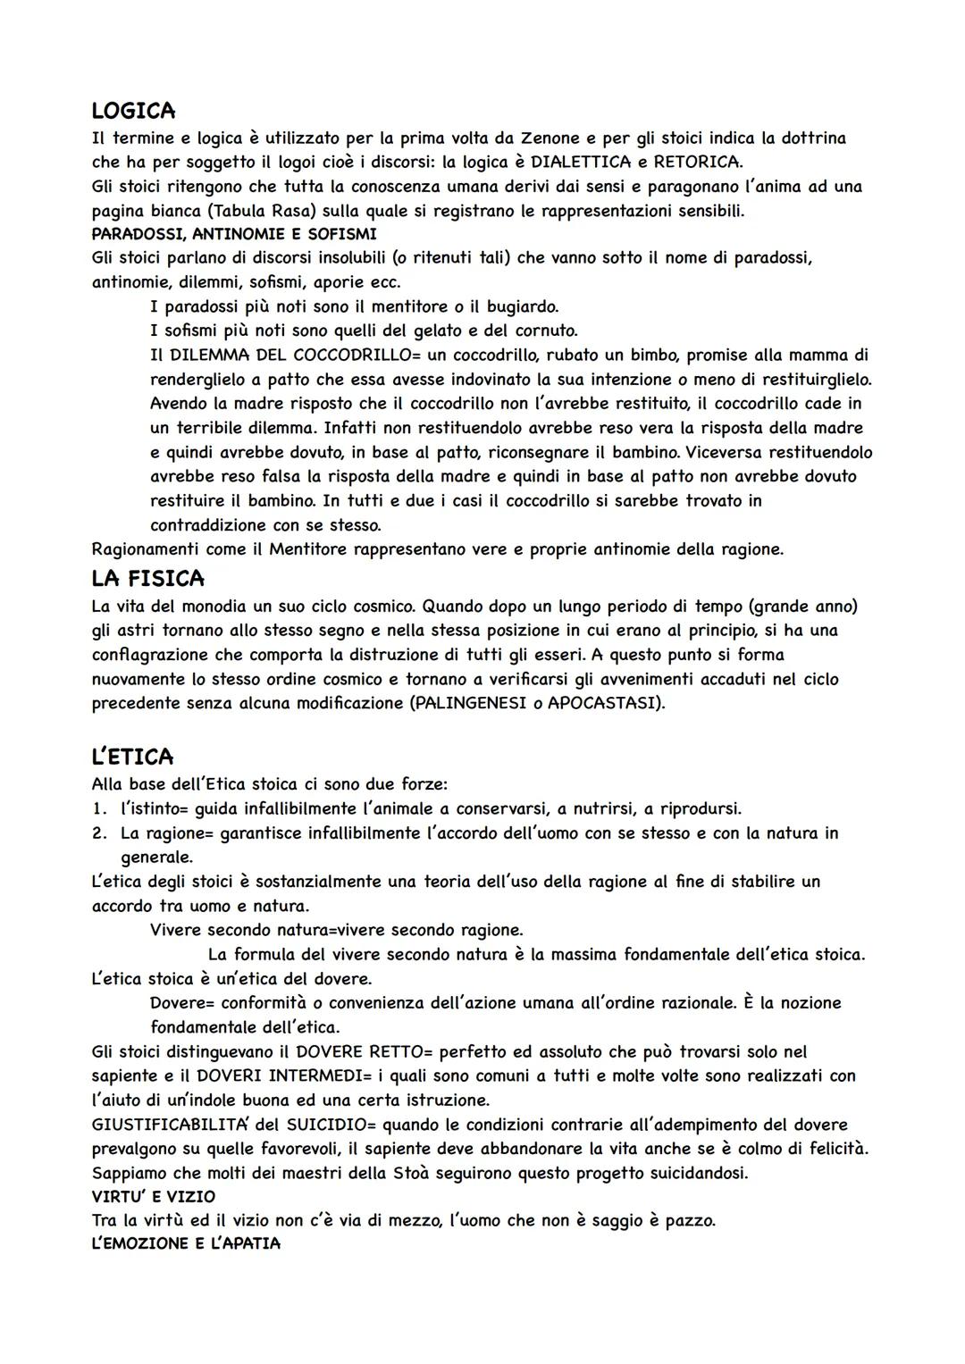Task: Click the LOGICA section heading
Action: (x=133, y=111)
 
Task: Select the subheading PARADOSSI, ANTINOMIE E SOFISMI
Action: (x=234, y=235)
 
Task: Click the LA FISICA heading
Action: (x=147, y=579)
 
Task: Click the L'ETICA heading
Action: (x=132, y=757)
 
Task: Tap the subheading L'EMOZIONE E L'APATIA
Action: (x=186, y=1243)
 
